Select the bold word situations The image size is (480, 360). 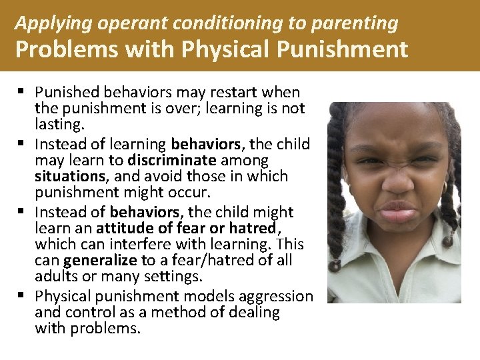69,177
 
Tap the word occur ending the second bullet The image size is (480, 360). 190,193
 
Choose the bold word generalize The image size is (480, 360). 99,261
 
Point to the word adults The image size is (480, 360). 55,277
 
